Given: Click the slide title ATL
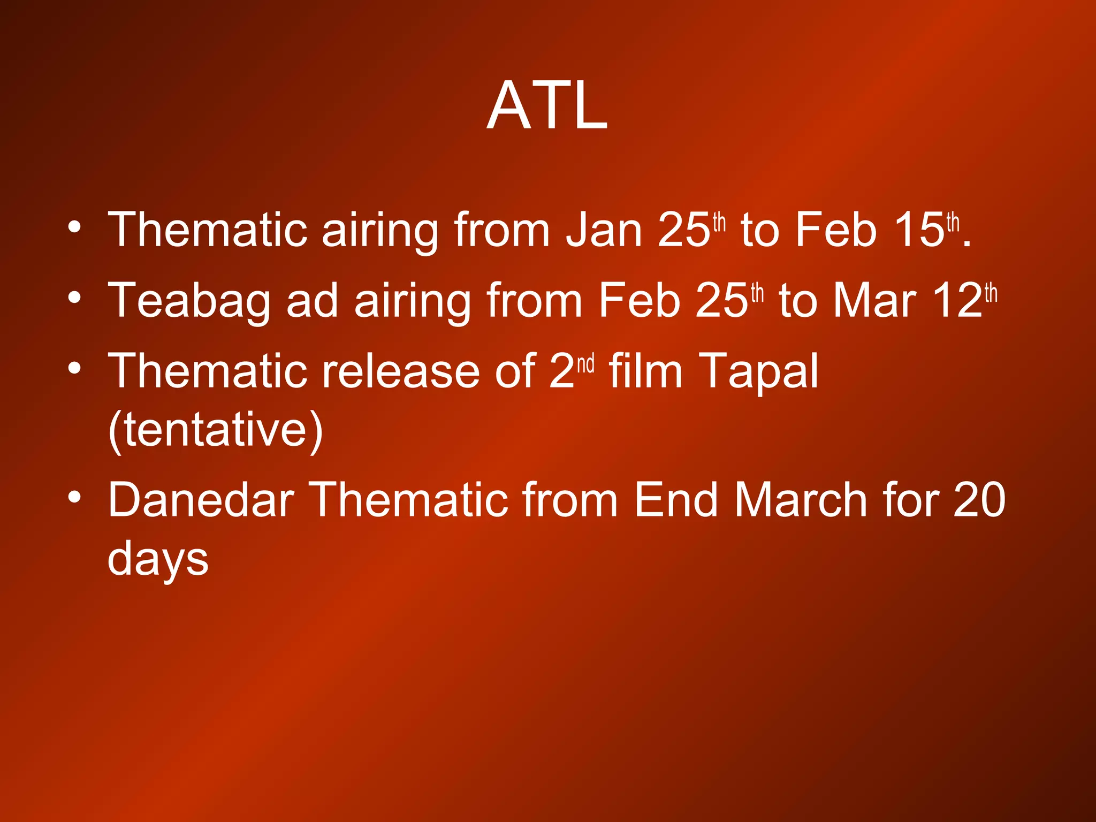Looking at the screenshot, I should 547,105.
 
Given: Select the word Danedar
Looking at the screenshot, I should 201,500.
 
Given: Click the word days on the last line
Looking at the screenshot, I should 158,559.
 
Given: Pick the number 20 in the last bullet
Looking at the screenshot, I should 979,500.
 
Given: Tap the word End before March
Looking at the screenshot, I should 675,500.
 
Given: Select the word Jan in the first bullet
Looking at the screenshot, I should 604,230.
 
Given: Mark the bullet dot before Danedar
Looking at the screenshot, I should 75,497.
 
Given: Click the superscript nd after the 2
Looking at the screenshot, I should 585,364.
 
